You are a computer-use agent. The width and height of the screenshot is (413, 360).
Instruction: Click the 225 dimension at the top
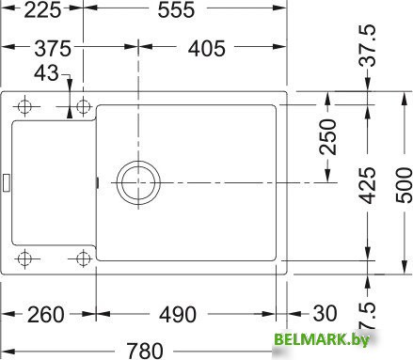coord(27,12)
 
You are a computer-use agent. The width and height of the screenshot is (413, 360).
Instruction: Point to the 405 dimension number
coord(212,49)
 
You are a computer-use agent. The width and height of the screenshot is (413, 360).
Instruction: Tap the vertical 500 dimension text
coord(400,188)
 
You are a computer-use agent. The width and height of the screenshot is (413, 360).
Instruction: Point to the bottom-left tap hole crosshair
coord(25,257)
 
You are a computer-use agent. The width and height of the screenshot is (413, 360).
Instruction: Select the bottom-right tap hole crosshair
coord(82,257)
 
